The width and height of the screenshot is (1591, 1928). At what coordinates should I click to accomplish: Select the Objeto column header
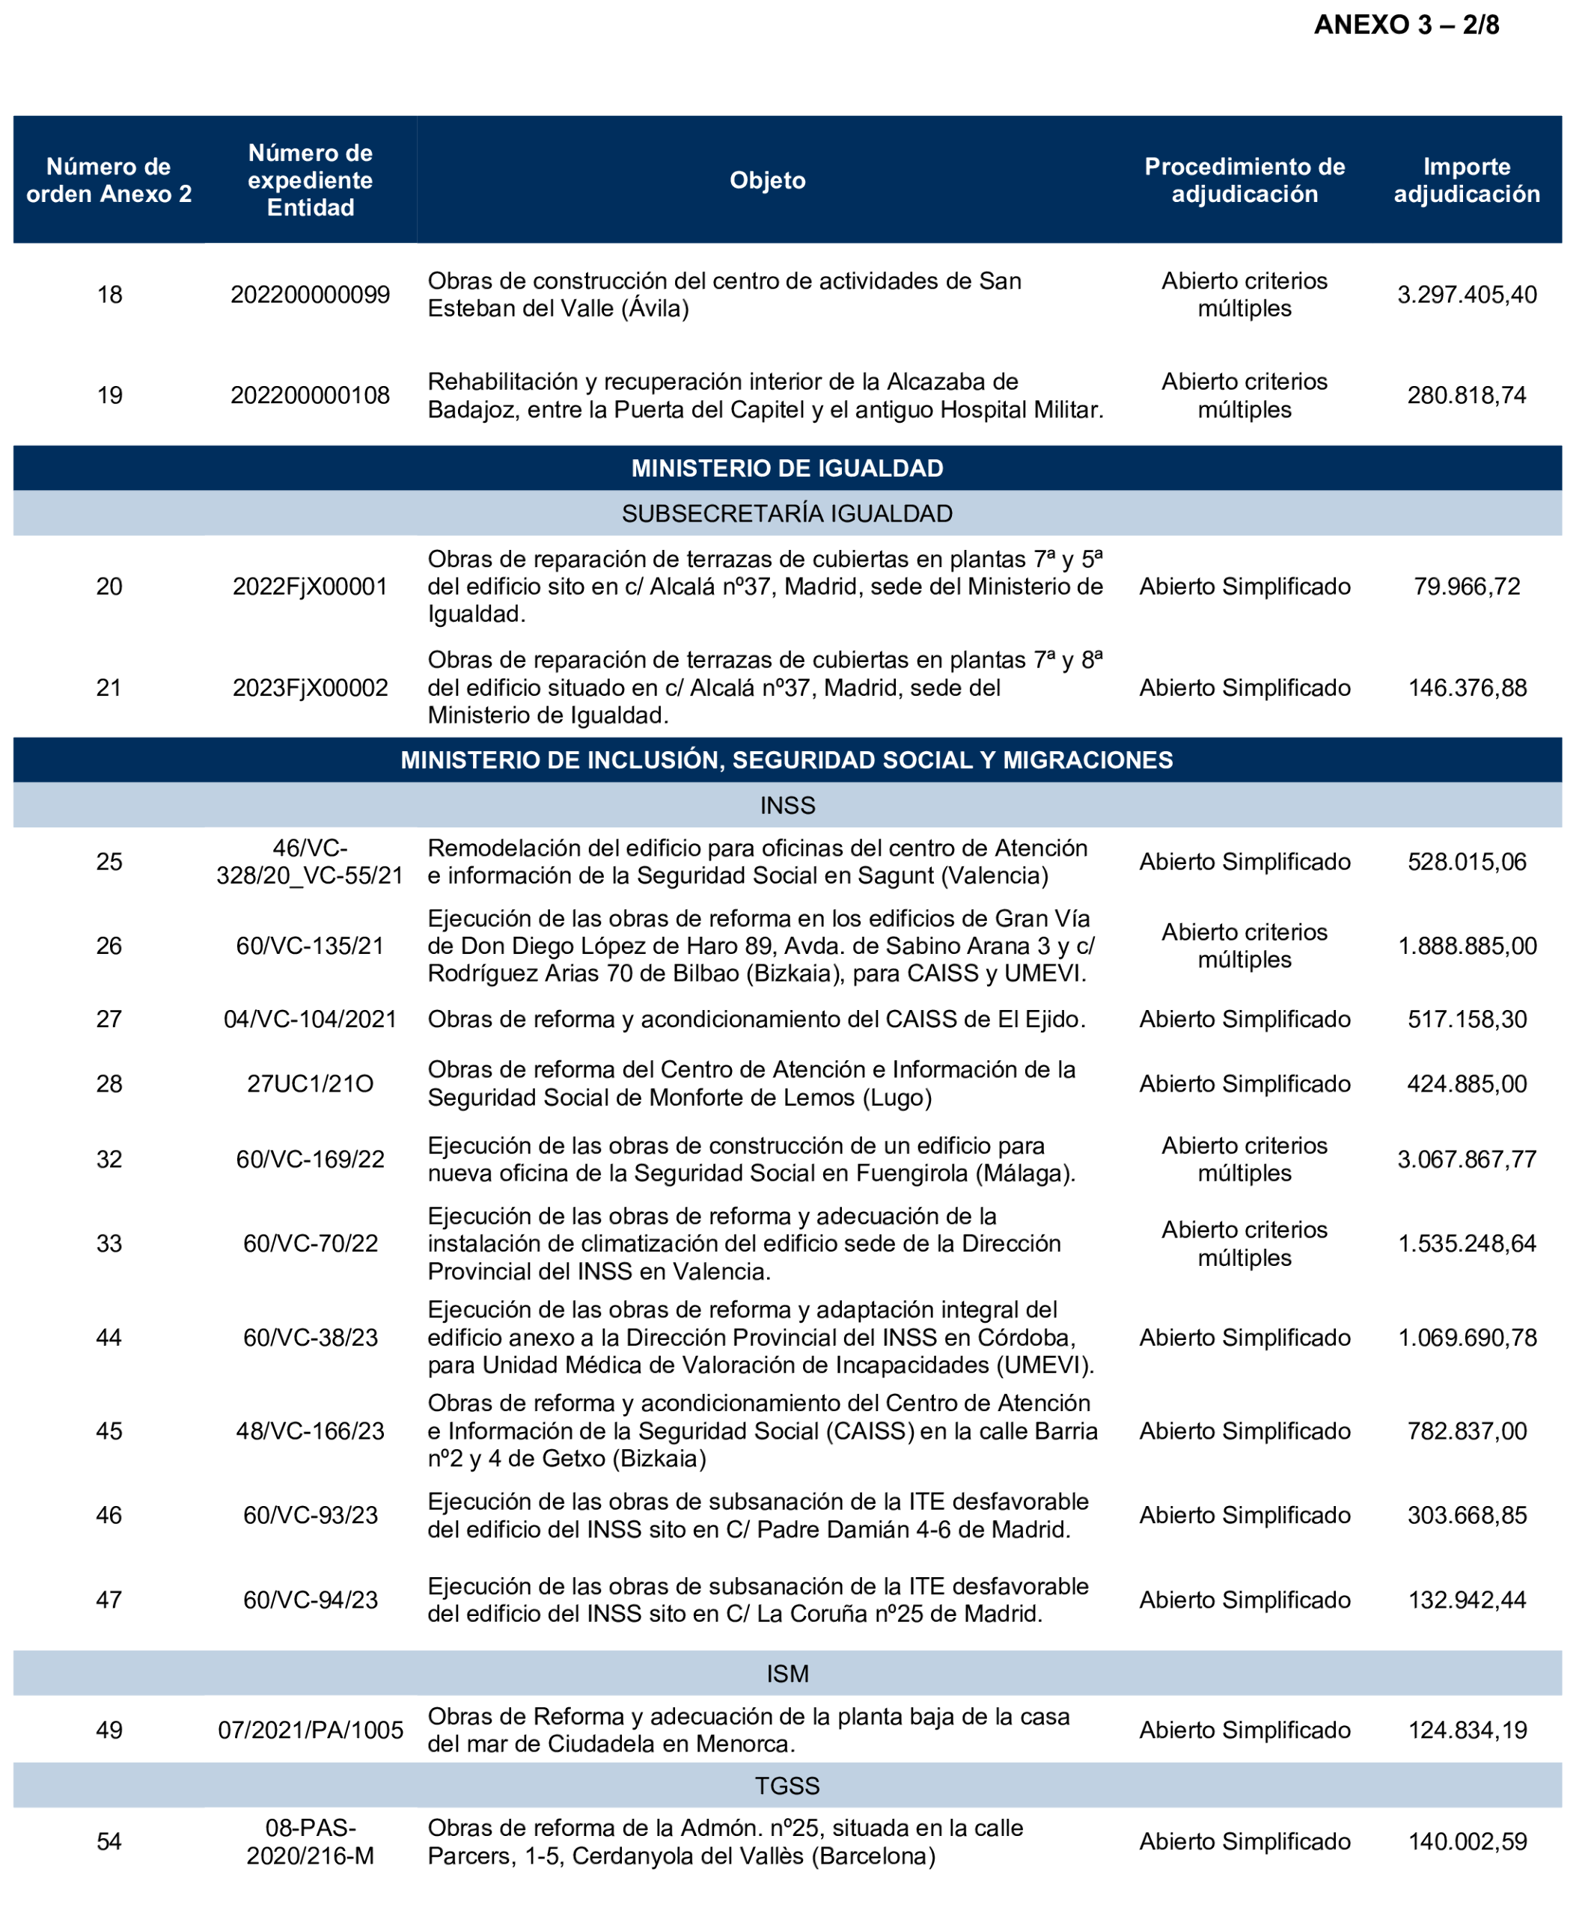tap(767, 180)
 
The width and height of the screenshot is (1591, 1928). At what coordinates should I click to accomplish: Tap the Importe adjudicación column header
tap(1465, 180)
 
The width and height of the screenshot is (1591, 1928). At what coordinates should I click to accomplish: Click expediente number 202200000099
tap(310, 295)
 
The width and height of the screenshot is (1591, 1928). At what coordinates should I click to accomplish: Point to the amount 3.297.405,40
tap(1465, 295)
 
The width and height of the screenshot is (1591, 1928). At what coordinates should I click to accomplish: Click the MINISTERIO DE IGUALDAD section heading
tap(787, 468)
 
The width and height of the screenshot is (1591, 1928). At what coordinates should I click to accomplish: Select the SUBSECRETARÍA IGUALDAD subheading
tap(787, 514)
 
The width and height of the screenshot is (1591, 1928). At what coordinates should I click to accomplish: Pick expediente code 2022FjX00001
tap(310, 587)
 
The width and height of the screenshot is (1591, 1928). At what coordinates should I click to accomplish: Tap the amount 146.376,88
tap(1466, 688)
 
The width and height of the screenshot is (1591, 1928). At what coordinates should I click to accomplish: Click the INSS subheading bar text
tap(787, 806)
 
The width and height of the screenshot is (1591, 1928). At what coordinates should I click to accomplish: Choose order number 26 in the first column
tap(109, 946)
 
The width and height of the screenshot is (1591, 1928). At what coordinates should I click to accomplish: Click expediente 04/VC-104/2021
tap(310, 1019)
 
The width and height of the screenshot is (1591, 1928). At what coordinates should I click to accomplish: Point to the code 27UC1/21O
tap(310, 1084)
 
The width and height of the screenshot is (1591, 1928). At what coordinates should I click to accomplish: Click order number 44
tap(109, 1338)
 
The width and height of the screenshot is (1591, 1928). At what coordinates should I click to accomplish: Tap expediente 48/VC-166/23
tap(310, 1431)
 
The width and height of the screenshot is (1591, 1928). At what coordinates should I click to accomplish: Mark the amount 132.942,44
tap(1466, 1600)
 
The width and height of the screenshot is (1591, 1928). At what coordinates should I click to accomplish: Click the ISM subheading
tap(787, 1674)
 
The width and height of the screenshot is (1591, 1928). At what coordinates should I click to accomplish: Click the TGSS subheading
tap(787, 1786)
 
